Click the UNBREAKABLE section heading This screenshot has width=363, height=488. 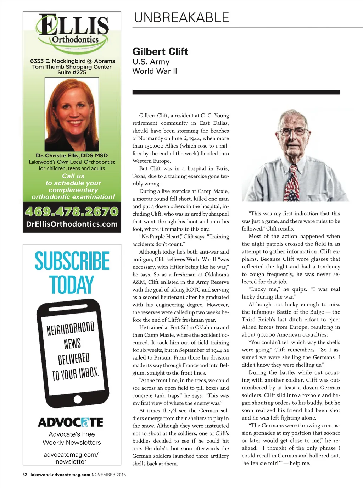(x=181, y=17)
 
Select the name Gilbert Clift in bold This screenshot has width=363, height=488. (x=160, y=51)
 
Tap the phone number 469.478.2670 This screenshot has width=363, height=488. (x=72, y=212)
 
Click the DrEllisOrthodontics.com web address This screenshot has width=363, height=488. (x=72, y=224)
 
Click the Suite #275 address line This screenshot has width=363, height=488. (x=72, y=72)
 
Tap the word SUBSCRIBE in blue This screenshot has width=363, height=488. (x=72, y=261)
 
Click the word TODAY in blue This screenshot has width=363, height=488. (x=72, y=284)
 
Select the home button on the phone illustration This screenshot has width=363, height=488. (x=78, y=399)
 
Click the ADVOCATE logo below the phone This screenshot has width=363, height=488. (x=71, y=422)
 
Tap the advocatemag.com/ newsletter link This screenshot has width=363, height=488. (x=71, y=458)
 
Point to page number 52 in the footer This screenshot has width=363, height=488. (x=25, y=475)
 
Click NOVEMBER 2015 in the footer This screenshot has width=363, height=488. (x=109, y=475)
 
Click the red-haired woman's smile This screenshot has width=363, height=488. (x=75, y=123)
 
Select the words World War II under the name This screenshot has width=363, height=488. (x=155, y=71)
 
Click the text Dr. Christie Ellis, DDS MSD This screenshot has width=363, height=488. (x=72, y=155)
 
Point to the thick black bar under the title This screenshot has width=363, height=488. (x=236, y=92)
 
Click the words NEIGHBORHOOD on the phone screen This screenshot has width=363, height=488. (x=71, y=328)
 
